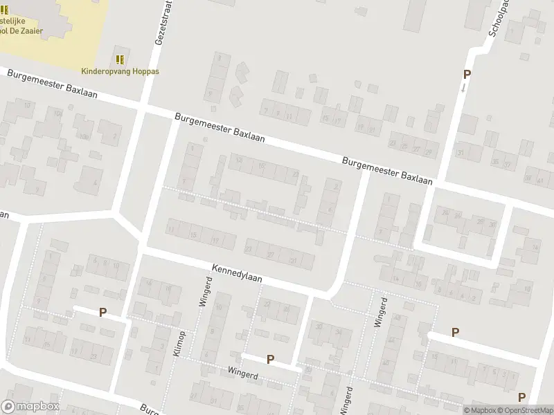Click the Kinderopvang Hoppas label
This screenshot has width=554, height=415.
click(x=120, y=71)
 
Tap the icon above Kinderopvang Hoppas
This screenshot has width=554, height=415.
click(x=120, y=59)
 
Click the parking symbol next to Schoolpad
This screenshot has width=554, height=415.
click(x=467, y=75)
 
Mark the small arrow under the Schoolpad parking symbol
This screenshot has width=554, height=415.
click(x=463, y=88)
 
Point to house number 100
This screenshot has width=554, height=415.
click(x=84, y=137)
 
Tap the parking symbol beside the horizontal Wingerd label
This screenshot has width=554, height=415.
click(x=271, y=360)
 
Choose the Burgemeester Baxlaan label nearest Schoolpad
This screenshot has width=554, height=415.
click(x=388, y=170)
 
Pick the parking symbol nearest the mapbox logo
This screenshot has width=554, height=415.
click(x=102, y=312)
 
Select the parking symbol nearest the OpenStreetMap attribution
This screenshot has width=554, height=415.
click(x=521, y=396)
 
